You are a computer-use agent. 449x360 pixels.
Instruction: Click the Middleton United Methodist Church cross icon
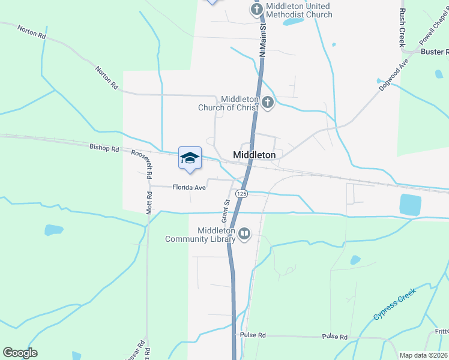(257, 10)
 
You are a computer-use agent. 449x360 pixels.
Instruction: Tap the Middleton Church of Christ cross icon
(268, 103)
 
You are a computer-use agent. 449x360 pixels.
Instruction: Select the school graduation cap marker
(190, 158)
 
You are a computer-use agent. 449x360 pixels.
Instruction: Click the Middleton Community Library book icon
(244, 234)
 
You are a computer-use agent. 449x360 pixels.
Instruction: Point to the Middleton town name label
(254, 155)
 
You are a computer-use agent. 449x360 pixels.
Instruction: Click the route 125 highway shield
(241, 194)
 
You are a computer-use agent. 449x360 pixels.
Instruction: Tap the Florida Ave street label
(189, 188)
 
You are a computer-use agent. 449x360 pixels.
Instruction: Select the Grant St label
(226, 211)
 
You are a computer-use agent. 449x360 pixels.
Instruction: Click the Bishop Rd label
(104, 147)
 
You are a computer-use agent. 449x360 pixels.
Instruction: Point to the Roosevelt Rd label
(142, 163)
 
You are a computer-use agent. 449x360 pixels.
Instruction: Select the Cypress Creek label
(393, 306)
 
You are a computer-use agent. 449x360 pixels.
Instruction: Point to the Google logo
(20, 353)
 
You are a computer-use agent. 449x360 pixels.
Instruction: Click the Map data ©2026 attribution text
(423, 355)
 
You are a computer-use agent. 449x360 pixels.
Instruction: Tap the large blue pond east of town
(410, 205)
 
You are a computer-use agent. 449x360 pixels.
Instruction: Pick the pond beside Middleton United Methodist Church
(293, 22)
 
